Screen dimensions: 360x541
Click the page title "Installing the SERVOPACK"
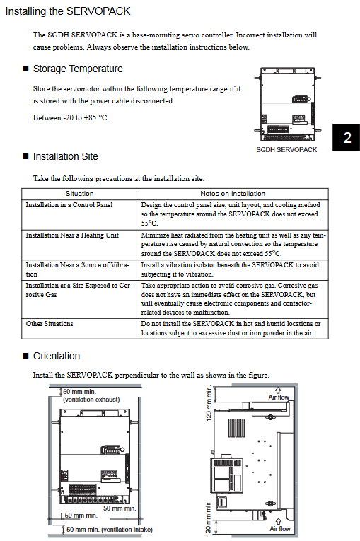pos(68,11)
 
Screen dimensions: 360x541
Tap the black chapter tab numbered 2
pos(346,137)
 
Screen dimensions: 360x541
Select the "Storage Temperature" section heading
pos(78,69)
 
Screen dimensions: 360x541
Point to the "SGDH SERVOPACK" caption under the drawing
pos(286,150)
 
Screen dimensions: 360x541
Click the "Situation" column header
pos(79,194)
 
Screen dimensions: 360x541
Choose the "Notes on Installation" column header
pos(233,194)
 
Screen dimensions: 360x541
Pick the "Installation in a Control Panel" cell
pos(69,205)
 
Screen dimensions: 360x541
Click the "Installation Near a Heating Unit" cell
pos(72,235)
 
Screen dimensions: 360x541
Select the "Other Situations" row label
pos(50,324)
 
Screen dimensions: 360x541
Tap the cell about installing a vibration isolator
pos(230,269)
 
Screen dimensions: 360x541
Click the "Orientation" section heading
pos(57,356)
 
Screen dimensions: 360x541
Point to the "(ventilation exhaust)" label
pos(91,400)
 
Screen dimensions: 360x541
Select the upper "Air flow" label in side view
pos(279,397)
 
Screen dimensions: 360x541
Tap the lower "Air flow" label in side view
pos(280,528)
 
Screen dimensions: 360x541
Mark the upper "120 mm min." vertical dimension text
pos(209,403)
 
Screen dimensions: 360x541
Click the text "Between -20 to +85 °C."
pos(71,117)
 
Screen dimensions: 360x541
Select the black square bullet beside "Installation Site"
pos(25,156)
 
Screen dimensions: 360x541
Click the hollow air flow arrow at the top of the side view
pos(278,390)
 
